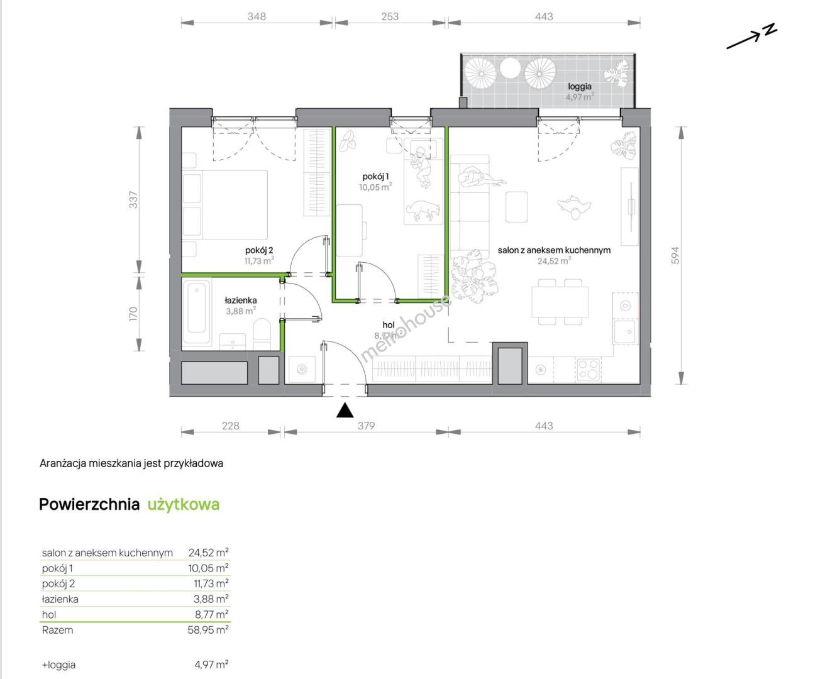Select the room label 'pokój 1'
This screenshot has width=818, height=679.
click(x=375, y=176)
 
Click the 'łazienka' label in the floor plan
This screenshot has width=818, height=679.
click(x=241, y=301)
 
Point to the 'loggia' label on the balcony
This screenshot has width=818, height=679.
click(x=580, y=86)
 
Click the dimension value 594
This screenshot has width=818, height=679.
click(x=675, y=255)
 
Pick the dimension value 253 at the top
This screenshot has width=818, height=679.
click(x=390, y=16)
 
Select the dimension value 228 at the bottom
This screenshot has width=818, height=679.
click(x=230, y=426)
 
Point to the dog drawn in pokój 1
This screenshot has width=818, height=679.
click(x=423, y=211)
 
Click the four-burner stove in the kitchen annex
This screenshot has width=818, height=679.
click(x=588, y=370)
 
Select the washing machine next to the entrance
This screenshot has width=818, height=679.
click(x=302, y=370)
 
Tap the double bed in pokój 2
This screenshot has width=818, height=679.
click(x=225, y=204)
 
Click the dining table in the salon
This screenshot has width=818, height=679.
click(x=560, y=302)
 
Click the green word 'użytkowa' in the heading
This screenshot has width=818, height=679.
click(x=184, y=505)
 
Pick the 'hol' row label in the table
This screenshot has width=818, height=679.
click(x=49, y=614)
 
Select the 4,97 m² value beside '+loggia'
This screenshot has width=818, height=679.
click(x=211, y=665)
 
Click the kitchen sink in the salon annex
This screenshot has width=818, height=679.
click(x=625, y=331)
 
